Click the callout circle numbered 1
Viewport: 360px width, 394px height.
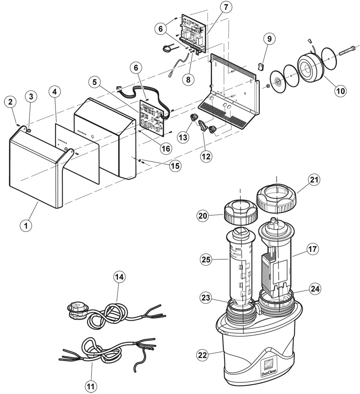(x=26, y=225)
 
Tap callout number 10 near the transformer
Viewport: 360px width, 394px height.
(x=341, y=91)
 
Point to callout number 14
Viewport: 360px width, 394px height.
(x=119, y=277)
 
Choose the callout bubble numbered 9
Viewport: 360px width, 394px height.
(x=269, y=39)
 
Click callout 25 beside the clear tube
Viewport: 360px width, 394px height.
(x=206, y=259)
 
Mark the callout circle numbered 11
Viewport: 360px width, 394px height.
(x=91, y=386)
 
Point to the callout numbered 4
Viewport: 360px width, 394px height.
(x=55, y=92)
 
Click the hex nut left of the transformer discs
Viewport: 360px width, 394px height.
(x=268, y=86)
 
